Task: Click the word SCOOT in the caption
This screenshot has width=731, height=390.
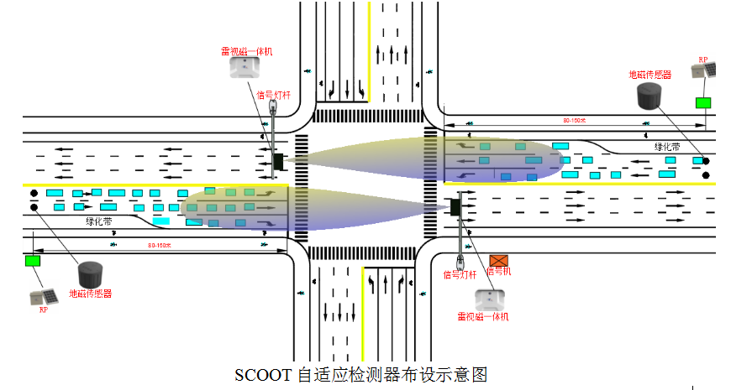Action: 264,374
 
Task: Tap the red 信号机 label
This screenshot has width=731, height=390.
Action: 498,272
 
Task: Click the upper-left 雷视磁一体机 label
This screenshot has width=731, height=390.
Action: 247,51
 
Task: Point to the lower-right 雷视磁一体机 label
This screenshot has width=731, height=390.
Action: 483,316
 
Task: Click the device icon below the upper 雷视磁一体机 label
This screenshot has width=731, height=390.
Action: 246,70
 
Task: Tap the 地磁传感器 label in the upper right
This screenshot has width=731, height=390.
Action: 650,75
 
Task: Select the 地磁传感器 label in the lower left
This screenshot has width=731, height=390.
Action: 90,294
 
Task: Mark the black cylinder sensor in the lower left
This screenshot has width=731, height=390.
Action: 91,274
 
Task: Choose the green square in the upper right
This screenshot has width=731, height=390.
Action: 702,103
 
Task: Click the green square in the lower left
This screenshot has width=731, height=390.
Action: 33,261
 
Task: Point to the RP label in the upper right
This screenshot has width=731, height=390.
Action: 703,60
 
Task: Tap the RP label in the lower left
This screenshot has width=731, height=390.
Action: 43,309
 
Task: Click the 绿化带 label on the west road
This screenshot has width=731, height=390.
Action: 99,221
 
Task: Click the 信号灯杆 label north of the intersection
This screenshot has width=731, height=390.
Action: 272,95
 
